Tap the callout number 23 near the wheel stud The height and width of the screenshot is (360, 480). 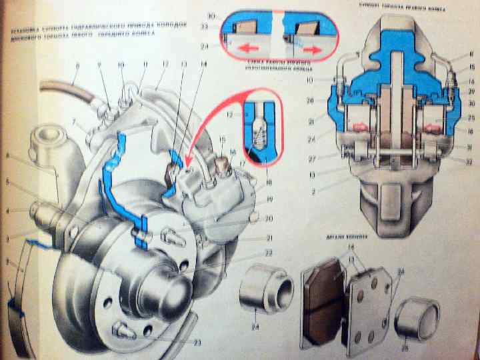(x=197, y=343)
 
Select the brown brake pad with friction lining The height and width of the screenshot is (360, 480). (x=325, y=300)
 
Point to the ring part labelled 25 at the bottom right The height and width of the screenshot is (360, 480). (x=417, y=321)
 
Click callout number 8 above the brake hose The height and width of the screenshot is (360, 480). (x=77, y=65)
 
